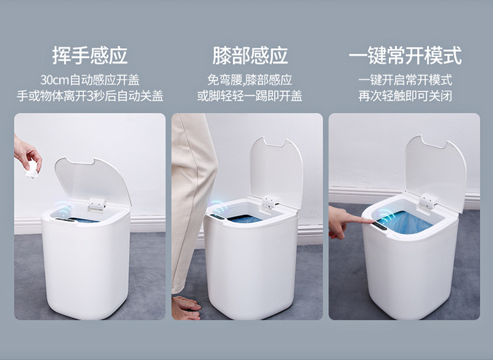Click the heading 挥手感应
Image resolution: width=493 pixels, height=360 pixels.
[90, 56]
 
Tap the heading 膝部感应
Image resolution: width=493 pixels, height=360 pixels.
[250, 56]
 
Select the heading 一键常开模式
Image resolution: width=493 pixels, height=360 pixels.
[405, 56]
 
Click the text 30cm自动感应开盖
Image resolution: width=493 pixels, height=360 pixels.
[90, 80]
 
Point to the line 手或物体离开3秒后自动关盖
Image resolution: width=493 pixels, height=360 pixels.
[90, 96]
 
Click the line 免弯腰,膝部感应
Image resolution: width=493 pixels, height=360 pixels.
[250, 80]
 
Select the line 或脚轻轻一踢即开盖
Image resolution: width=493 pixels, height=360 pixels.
[250, 96]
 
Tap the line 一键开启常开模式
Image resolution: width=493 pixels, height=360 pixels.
[405, 80]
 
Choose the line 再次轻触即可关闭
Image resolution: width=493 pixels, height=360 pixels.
[405, 96]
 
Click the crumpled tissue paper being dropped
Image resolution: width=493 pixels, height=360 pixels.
[32, 169]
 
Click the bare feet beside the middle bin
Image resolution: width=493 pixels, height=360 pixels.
[185, 308]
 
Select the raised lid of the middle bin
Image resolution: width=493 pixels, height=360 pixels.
[276, 172]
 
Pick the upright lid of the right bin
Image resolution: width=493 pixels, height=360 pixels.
[436, 172]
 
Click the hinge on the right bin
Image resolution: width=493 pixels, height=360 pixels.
[428, 202]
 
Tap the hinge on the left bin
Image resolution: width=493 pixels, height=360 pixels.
[97, 205]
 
